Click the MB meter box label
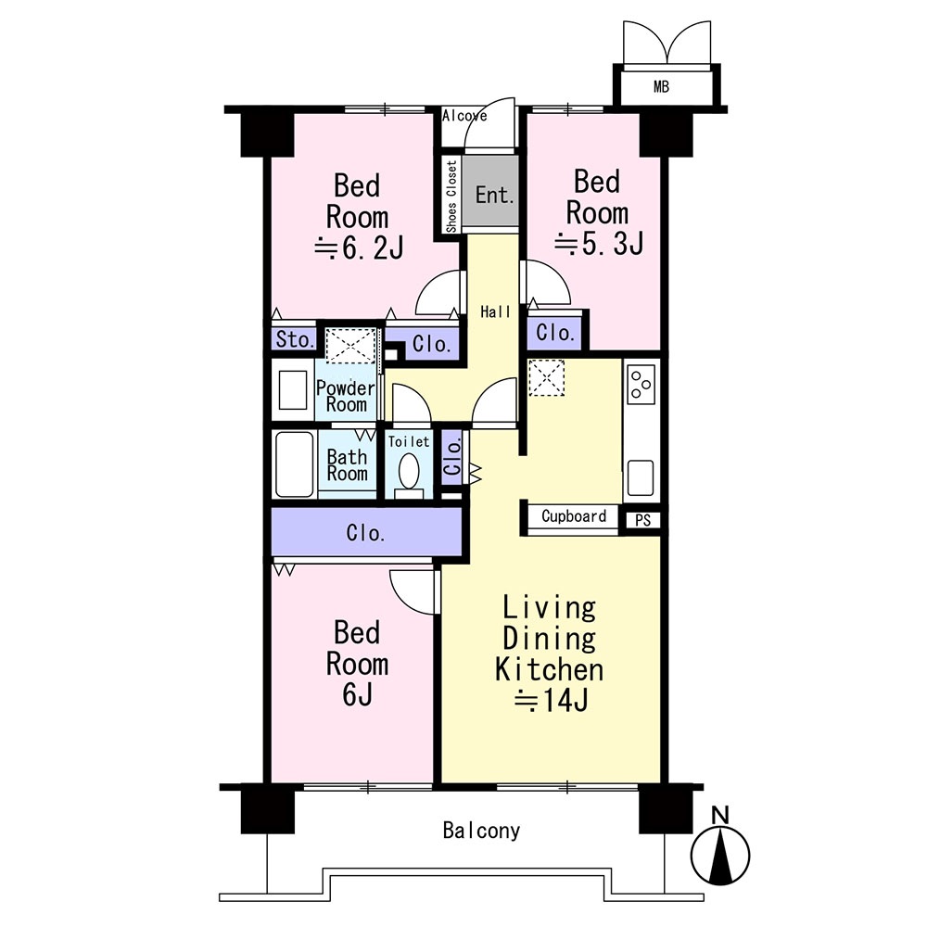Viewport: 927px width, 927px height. (661, 87)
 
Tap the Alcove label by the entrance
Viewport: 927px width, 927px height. (464, 116)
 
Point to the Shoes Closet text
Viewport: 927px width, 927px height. (451, 197)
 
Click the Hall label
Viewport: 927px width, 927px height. (495, 311)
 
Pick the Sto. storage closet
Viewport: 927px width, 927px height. (294, 339)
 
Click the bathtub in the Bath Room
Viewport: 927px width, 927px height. (295, 464)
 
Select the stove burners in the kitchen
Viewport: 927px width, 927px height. (641, 385)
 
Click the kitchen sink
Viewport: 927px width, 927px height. (641, 477)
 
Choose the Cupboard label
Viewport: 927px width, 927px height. (574, 516)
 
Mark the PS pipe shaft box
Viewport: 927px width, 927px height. (642, 520)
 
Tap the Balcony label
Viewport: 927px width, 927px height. (481, 831)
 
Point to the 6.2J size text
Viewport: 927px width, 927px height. (359, 248)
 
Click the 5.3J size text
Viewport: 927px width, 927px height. (598, 244)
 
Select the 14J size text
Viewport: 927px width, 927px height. (551, 701)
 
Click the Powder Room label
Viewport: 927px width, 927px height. (346, 396)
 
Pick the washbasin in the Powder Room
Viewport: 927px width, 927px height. (293, 389)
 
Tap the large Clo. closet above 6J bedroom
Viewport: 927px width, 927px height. (366, 532)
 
